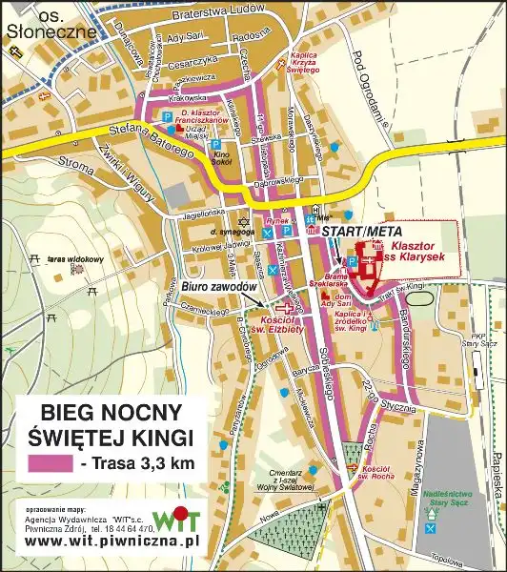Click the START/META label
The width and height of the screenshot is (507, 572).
[x=362, y=231]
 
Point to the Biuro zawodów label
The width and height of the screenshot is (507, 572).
[x=218, y=287]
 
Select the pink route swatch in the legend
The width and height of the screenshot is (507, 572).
[x=51, y=464]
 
